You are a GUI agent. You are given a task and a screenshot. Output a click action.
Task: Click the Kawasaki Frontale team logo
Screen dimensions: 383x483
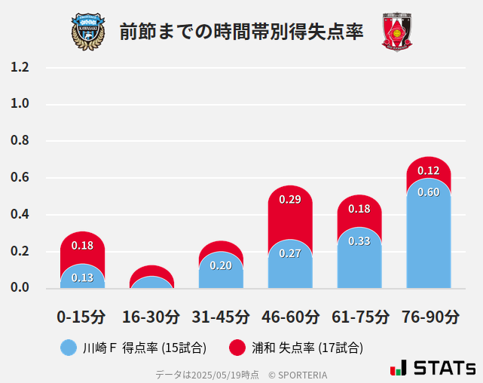[88, 31]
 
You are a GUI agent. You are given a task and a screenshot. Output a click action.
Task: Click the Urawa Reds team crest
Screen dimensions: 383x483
[396, 31]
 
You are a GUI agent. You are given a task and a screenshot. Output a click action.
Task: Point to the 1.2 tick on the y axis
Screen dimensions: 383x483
[20, 67]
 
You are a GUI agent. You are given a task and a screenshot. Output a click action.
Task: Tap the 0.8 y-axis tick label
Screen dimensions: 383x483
[20, 141]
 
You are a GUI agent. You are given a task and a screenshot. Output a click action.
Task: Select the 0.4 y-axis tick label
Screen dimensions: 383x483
[20, 214]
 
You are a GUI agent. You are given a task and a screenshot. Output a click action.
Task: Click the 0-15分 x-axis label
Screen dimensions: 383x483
[82, 316]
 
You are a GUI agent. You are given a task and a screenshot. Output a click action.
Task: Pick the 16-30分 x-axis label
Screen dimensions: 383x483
[151, 316]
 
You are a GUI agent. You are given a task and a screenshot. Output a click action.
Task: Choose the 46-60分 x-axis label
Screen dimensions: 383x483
[290, 316]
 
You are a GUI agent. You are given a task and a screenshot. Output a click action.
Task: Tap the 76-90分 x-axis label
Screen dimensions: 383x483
[429, 316]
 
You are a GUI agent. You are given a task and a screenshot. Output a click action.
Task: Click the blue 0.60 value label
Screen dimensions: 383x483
[428, 192]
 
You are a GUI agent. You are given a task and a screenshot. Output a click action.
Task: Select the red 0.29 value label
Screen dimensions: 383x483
[290, 200]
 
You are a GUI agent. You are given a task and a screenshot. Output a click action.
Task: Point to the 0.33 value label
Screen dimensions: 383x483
[359, 241]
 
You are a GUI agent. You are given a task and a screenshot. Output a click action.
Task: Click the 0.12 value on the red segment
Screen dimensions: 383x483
[428, 170]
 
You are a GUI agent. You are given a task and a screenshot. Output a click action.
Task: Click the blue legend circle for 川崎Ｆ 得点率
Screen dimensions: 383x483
[69, 348]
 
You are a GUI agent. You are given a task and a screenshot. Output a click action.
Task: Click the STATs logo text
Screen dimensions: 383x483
[445, 368]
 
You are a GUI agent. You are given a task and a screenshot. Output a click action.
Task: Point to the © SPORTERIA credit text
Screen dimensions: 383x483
[298, 375]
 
